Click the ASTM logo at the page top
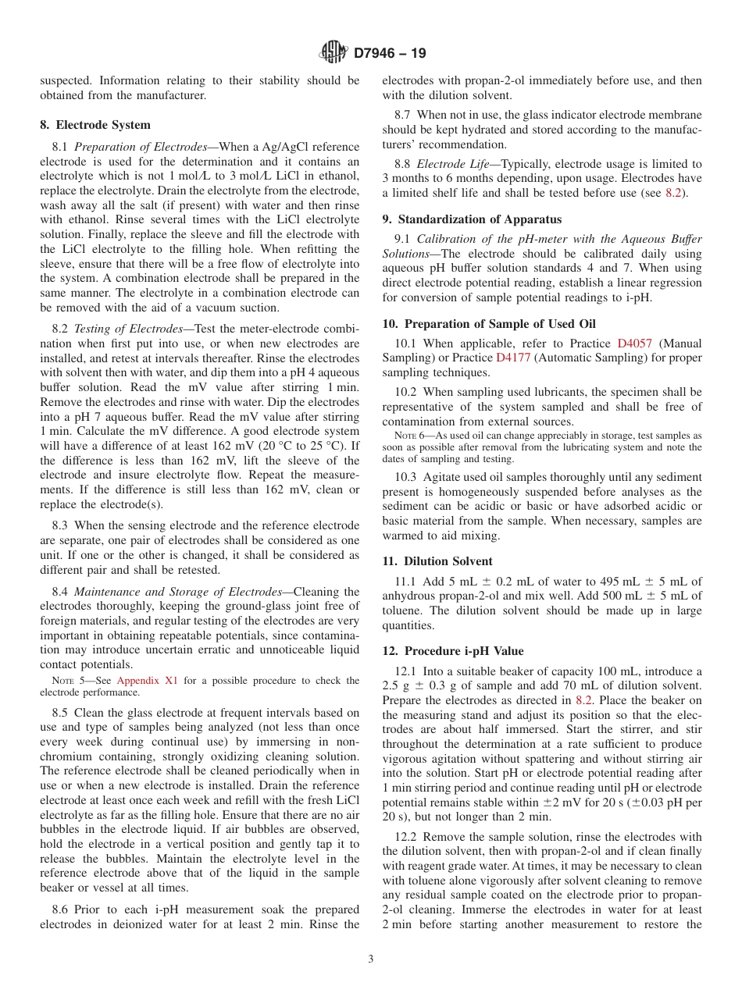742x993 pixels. (x=334, y=53)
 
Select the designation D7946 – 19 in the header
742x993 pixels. (x=390, y=54)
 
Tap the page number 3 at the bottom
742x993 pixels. (x=371, y=959)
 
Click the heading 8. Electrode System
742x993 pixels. (x=95, y=125)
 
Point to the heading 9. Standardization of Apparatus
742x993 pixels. (x=472, y=219)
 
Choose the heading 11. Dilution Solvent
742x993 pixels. (x=437, y=561)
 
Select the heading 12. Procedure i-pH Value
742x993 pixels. (x=453, y=651)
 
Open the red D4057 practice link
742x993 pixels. (x=637, y=343)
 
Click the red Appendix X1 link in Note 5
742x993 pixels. (x=148, y=681)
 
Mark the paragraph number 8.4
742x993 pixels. (x=59, y=592)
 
